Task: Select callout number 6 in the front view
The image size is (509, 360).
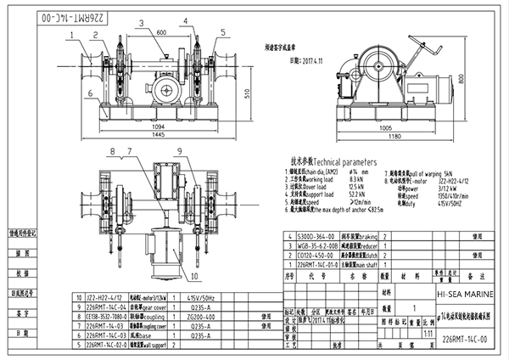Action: pyautogui.click(x=89, y=94)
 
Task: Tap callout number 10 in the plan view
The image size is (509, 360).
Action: pyautogui.click(x=193, y=276)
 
